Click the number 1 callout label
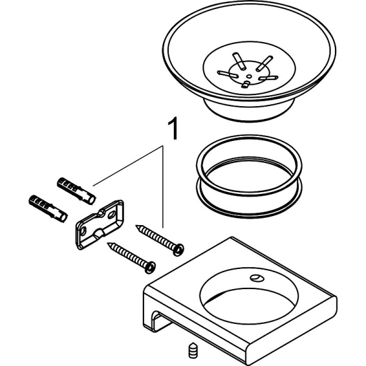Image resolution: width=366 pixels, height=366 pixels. click(173, 129)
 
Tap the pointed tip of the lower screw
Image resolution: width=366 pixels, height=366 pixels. click(109, 245)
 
